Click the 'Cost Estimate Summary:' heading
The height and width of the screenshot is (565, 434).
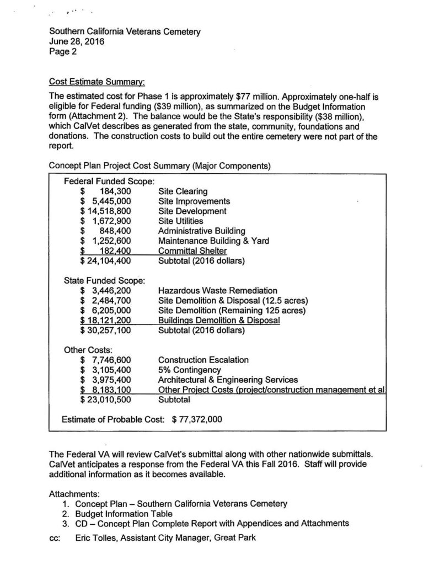[x=97, y=82]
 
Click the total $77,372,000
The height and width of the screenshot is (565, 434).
[x=197, y=419]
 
